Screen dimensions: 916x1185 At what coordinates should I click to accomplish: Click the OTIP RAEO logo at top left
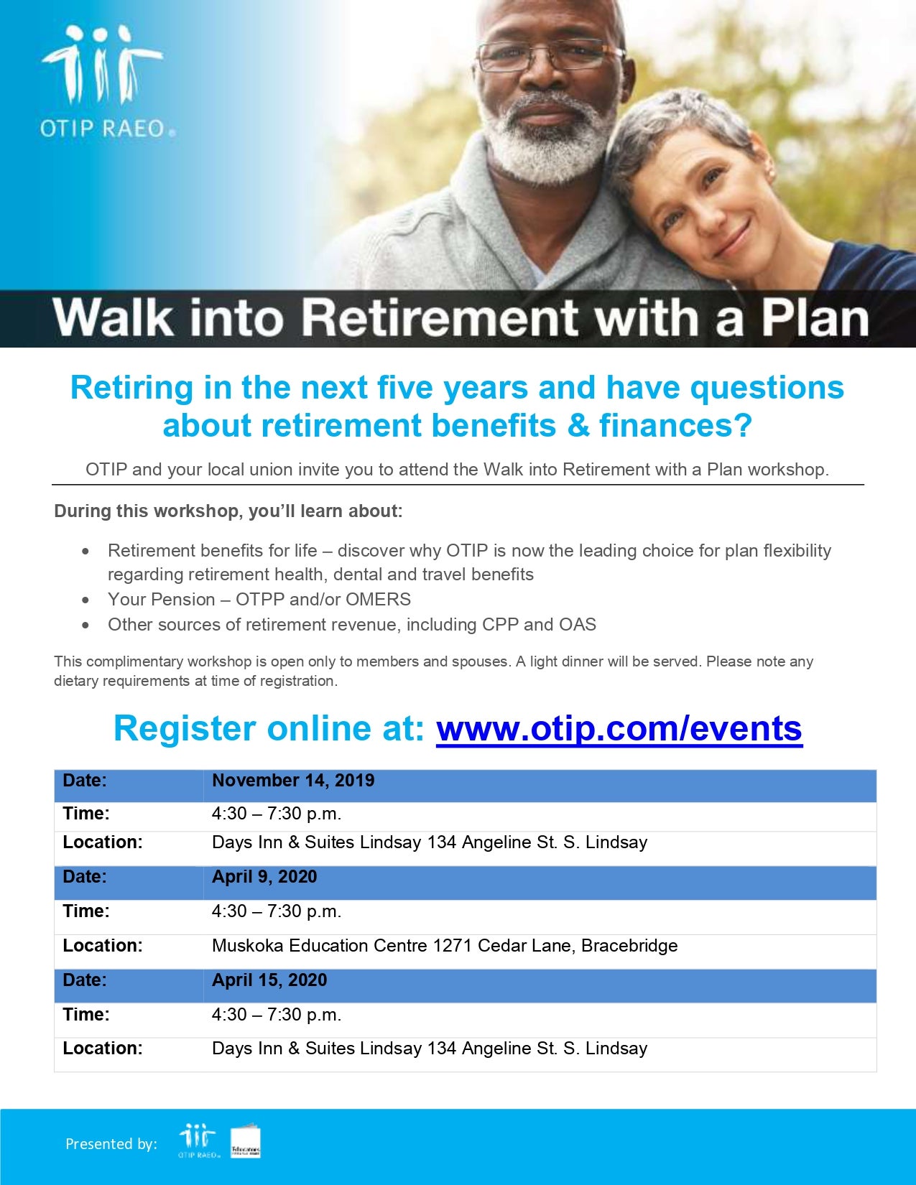click(x=107, y=82)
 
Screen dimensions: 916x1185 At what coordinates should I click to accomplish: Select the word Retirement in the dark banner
click(x=439, y=318)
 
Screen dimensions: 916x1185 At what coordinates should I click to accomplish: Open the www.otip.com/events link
click(x=619, y=728)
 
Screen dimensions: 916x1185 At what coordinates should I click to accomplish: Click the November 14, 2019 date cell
click(x=293, y=781)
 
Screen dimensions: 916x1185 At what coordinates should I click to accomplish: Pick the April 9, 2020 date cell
click(x=264, y=876)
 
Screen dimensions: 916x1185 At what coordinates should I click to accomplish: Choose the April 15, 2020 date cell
click(x=269, y=980)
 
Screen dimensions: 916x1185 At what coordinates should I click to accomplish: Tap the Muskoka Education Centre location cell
click(x=445, y=945)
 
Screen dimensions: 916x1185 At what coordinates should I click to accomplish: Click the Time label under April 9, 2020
click(x=86, y=911)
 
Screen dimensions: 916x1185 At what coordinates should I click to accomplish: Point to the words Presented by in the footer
click(x=111, y=1143)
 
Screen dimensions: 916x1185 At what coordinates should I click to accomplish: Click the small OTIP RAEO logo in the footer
click(x=198, y=1140)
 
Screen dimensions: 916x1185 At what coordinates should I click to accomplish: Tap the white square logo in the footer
click(x=245, y=1142)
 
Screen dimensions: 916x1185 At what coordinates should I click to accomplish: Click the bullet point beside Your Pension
click(x=85, y=600)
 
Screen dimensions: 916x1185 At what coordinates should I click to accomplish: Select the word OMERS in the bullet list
click(x=378, y=599)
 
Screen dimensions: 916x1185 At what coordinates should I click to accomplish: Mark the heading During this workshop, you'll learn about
click(x=228, y=511)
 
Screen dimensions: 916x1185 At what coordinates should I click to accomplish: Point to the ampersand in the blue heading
click(x=578, y=425)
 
